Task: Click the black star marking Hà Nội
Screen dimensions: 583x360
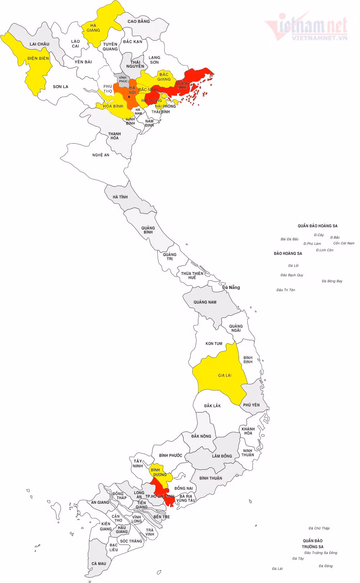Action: click(x=129, y=97)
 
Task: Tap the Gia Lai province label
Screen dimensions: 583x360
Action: click(x=225, y=375)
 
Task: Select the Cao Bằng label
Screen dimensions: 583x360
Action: click(x=139, y=21)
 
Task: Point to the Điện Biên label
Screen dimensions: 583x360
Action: click(x=38, y=58)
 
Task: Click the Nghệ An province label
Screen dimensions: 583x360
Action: click(x=101, y=155)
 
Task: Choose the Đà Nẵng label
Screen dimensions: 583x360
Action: click(x=231, y=288)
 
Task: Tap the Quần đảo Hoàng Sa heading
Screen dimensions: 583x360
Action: click(x=318, y=226)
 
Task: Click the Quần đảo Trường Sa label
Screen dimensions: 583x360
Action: click(x=312, y=543)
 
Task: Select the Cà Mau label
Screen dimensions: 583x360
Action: click(x=99, y=564)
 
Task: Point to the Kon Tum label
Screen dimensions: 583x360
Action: click(x=214, y=344)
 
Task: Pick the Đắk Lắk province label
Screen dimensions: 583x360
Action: click(x=212, y=406)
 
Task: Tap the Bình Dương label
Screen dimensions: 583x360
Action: click(x=159, y=472)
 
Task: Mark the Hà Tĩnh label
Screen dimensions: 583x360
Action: click(x=120, y=197)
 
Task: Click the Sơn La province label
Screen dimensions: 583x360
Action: click(x=60, y=87)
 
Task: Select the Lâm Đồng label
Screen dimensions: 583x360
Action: click(x=222, y=456)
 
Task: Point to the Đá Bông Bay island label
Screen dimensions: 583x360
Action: click(x=332, y=281)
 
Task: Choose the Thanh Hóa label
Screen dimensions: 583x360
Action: click(x=114, y=136)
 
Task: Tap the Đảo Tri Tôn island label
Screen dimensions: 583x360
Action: click(x=286, y=290)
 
